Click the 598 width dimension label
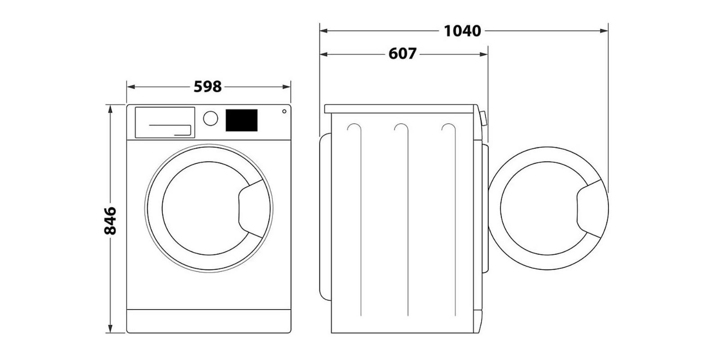(208, 86)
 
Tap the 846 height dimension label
(110, 220)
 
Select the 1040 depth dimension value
(462, 31)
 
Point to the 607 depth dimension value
(402, 54)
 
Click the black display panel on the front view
(241, 120)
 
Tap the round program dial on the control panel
(210, 118)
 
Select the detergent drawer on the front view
(165, 122)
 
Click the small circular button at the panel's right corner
(284, 112)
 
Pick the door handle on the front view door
(252, 208)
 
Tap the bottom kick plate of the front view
(208, 321)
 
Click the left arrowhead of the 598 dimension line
(130, 87)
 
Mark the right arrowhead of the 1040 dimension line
(605, 31)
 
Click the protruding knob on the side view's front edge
(483, 119)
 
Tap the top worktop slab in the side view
(400, 108)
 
